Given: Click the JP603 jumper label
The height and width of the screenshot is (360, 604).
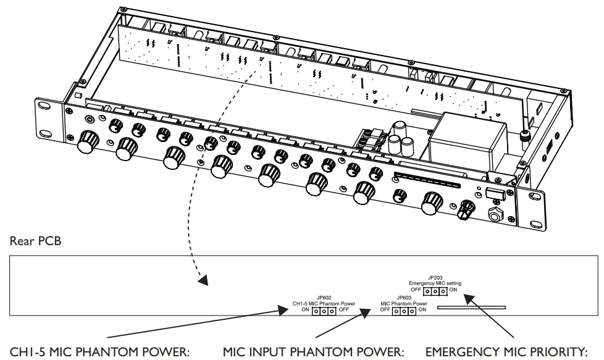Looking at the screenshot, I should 405,297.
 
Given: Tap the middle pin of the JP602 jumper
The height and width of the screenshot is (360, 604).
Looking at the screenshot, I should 324,311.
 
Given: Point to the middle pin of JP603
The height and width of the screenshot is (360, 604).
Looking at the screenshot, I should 405,311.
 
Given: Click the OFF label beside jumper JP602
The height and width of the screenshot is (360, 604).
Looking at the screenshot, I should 344,310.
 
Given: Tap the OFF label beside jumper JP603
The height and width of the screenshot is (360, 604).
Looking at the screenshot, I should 385,310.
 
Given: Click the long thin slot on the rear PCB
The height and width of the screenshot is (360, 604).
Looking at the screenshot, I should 471,307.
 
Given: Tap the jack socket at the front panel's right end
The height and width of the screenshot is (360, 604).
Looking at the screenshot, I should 495,216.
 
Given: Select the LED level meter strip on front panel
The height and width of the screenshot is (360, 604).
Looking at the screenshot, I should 426,182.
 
